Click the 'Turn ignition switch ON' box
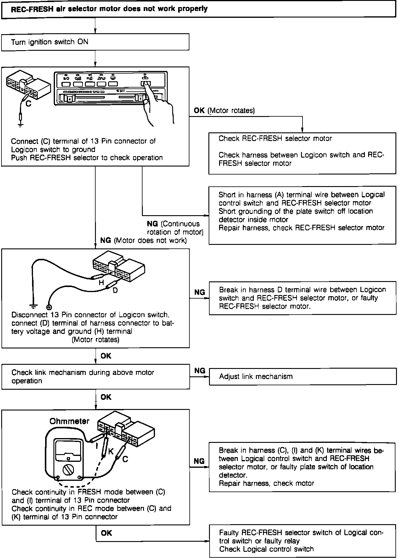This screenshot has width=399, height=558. tap(95, 42)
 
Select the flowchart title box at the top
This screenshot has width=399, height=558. tap(199, 9)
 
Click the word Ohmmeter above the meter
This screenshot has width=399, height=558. tap(69, 421)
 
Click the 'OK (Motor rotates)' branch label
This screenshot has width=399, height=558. tap(224, 111)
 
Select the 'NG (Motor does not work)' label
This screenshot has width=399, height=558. tap(143, 240)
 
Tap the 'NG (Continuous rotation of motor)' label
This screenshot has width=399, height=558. tap(175, 228)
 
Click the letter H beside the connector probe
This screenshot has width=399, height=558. tap(101, 283)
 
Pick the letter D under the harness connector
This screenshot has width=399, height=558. tap(115, 290)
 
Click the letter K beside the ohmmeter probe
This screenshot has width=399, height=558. tap(111, 451)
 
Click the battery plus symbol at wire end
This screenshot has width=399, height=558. tap(49, 307)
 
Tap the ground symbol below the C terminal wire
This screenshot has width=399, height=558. tap(20, 125)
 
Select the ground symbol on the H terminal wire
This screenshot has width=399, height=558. tap(34, 306)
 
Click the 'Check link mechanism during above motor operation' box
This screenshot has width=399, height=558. tap(96, 377)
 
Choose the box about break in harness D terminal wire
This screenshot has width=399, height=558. tap(302, 298)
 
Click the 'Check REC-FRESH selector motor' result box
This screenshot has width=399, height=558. tap(302, 153)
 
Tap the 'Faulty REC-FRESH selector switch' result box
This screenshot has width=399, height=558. tap(302, 541)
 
